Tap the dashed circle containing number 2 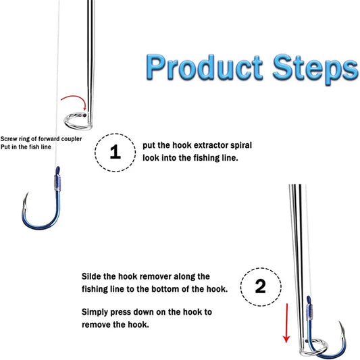[261, 286]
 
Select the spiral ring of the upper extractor [77, 121]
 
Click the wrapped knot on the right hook [309, 311]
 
